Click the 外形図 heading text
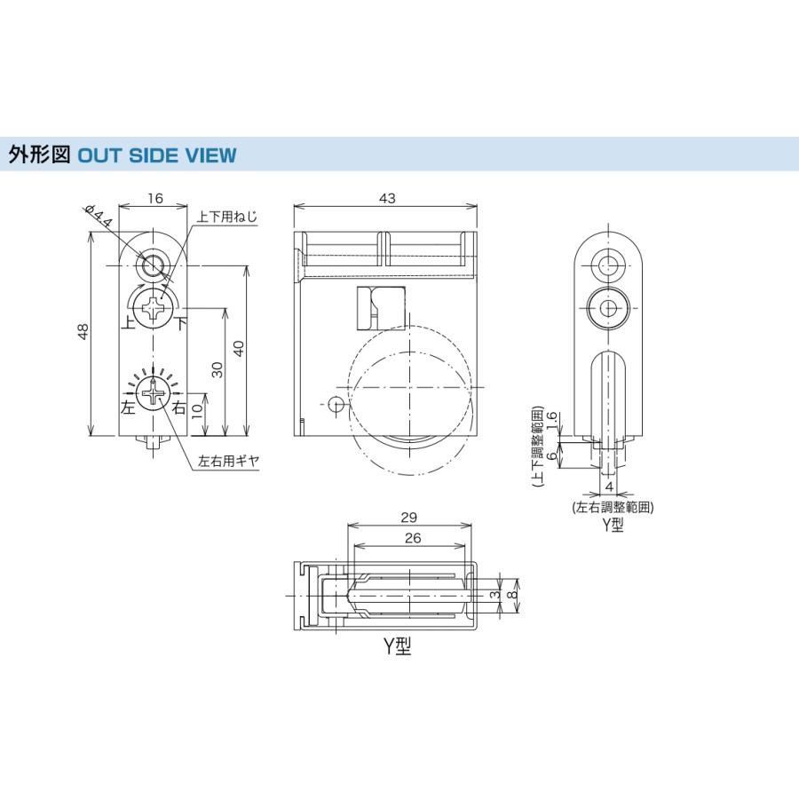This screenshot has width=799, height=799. [x=39, y=154]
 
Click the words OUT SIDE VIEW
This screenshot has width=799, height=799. [x=157, y=155]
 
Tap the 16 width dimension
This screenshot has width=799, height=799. [x=154, y=198]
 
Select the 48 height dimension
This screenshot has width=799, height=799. [x=83, y=331]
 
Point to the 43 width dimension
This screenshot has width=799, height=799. [x=387, y=198]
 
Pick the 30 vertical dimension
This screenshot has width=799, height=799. [x=218, y=369]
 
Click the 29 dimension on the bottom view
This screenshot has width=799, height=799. [x=408, y=518]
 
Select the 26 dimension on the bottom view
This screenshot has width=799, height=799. [x=413, y=538]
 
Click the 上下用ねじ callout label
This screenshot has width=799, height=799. [x=227, y=217]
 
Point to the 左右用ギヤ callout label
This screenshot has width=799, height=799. [x=229, y=461]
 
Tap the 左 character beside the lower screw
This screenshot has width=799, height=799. [x=129, y=407]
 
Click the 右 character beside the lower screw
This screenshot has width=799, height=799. [x=179, y=407]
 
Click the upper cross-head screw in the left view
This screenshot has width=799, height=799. [x=152, y=308]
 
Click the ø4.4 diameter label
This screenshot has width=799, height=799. [x=99, y=216]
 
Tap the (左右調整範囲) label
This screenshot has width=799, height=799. [x=613, y=507]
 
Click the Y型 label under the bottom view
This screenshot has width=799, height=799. [x=397, y=646]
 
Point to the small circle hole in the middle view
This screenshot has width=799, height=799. [x=336, y=405]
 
